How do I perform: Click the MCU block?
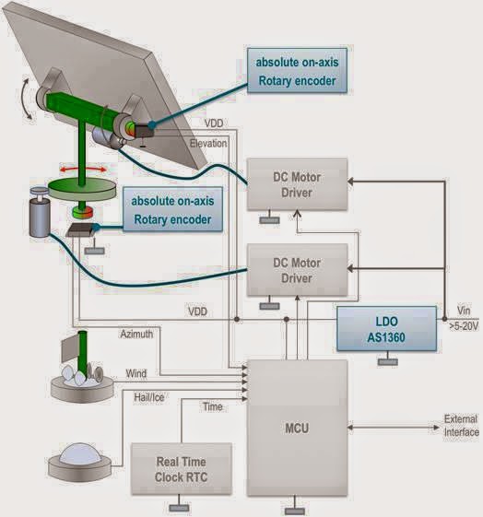297,428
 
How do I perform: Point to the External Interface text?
461,427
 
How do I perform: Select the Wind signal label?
135,373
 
